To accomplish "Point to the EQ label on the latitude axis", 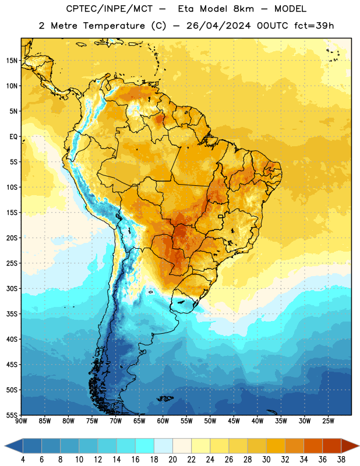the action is (x=13, y=137).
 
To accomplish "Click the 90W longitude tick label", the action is (x=21, y=421).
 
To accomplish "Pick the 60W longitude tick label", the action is (x=163, y=421).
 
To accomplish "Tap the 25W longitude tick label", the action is (x=328, y=421).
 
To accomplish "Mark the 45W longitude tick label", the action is (x=234, y=421).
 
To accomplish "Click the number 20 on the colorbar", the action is (x=172, y=460).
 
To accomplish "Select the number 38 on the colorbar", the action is (x=341, y=460).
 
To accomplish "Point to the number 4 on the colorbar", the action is (x=23, y=460).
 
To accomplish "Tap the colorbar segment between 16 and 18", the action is (x=145, y=446).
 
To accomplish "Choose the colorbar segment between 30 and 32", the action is (x=276, y=446).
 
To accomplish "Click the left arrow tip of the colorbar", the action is (x=5, y=446).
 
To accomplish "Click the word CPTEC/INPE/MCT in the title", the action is (x=110, y=9).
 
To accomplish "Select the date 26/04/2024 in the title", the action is (x=218, y=26).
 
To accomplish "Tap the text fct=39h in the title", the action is (x=314, y=26).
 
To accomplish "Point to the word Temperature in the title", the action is (x=114, y=26).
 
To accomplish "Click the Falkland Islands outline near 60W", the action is (x=165, y=398).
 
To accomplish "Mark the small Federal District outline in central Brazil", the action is (x=221, y=216).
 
